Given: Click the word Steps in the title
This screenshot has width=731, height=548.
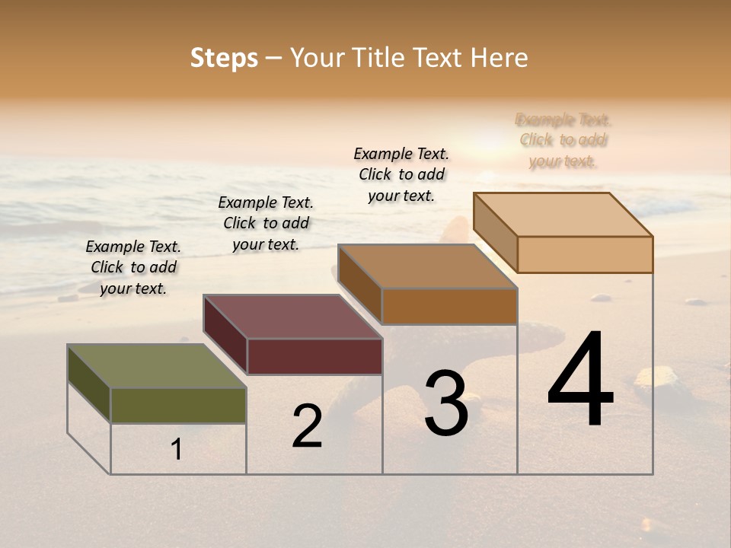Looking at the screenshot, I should (224, 59).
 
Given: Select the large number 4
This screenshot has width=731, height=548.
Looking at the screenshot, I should (580, 381).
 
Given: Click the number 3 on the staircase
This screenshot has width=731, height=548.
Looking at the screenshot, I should (446, 403).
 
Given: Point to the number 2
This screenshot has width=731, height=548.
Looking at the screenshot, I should (307, 426).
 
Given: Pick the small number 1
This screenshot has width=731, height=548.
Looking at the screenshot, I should (177, 450).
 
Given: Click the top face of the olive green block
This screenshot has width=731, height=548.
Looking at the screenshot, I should (156, 366).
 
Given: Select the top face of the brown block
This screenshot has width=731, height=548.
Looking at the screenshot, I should (427, 266).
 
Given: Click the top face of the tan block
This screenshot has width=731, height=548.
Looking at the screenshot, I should (563, 215).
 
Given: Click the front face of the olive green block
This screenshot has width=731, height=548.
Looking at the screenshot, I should (178, 405).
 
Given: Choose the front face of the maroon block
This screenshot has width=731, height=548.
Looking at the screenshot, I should (314, 356).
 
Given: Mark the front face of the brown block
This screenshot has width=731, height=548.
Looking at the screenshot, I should (449, 306).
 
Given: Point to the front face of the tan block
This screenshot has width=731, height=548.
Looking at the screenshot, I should (585, 254).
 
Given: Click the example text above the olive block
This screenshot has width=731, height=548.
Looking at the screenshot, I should (133, 267).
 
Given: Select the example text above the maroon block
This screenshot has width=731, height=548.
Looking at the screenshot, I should (266, 223).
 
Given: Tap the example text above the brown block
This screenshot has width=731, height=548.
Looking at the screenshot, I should (401, 174).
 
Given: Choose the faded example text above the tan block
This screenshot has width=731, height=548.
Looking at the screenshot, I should (563, 140).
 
